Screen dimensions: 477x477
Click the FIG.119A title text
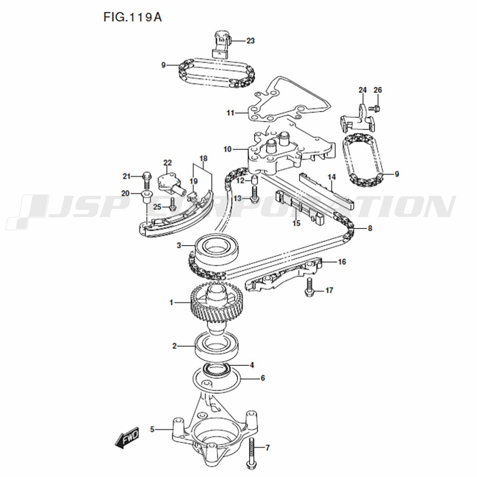(133, 18)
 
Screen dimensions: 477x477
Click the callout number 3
(179, 246)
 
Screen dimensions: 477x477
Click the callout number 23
(250, 41)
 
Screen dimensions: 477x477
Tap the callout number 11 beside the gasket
(230, 113)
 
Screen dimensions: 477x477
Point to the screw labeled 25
(172, 206)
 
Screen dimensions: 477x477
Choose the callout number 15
(296, 223)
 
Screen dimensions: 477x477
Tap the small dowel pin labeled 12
(255, 180)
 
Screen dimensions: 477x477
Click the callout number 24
(363, 90)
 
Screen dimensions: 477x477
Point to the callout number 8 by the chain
(370, 228)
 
